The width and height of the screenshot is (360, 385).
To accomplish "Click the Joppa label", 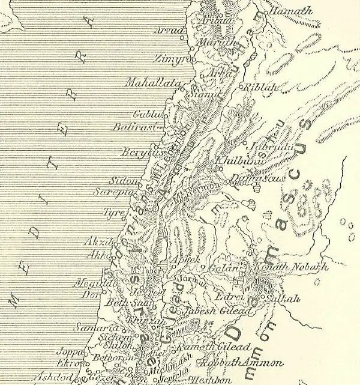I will click(68, 353).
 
